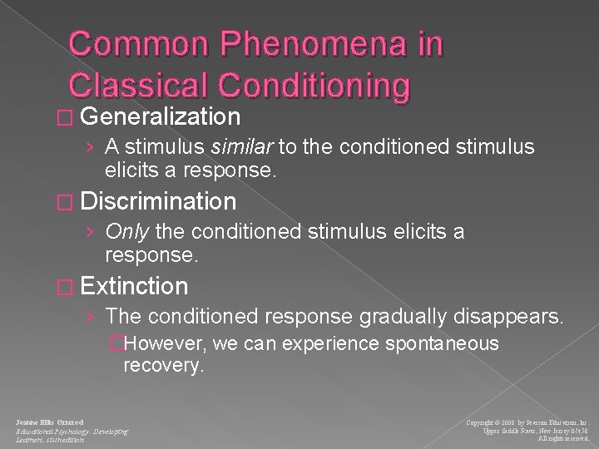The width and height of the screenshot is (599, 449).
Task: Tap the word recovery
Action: tap(162, 365)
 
